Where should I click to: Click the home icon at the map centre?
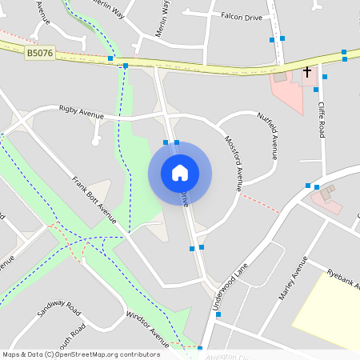179,173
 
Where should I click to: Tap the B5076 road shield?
39,54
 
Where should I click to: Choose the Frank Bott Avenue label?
95,197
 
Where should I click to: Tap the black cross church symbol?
307,72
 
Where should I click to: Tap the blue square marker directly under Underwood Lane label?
218,314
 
